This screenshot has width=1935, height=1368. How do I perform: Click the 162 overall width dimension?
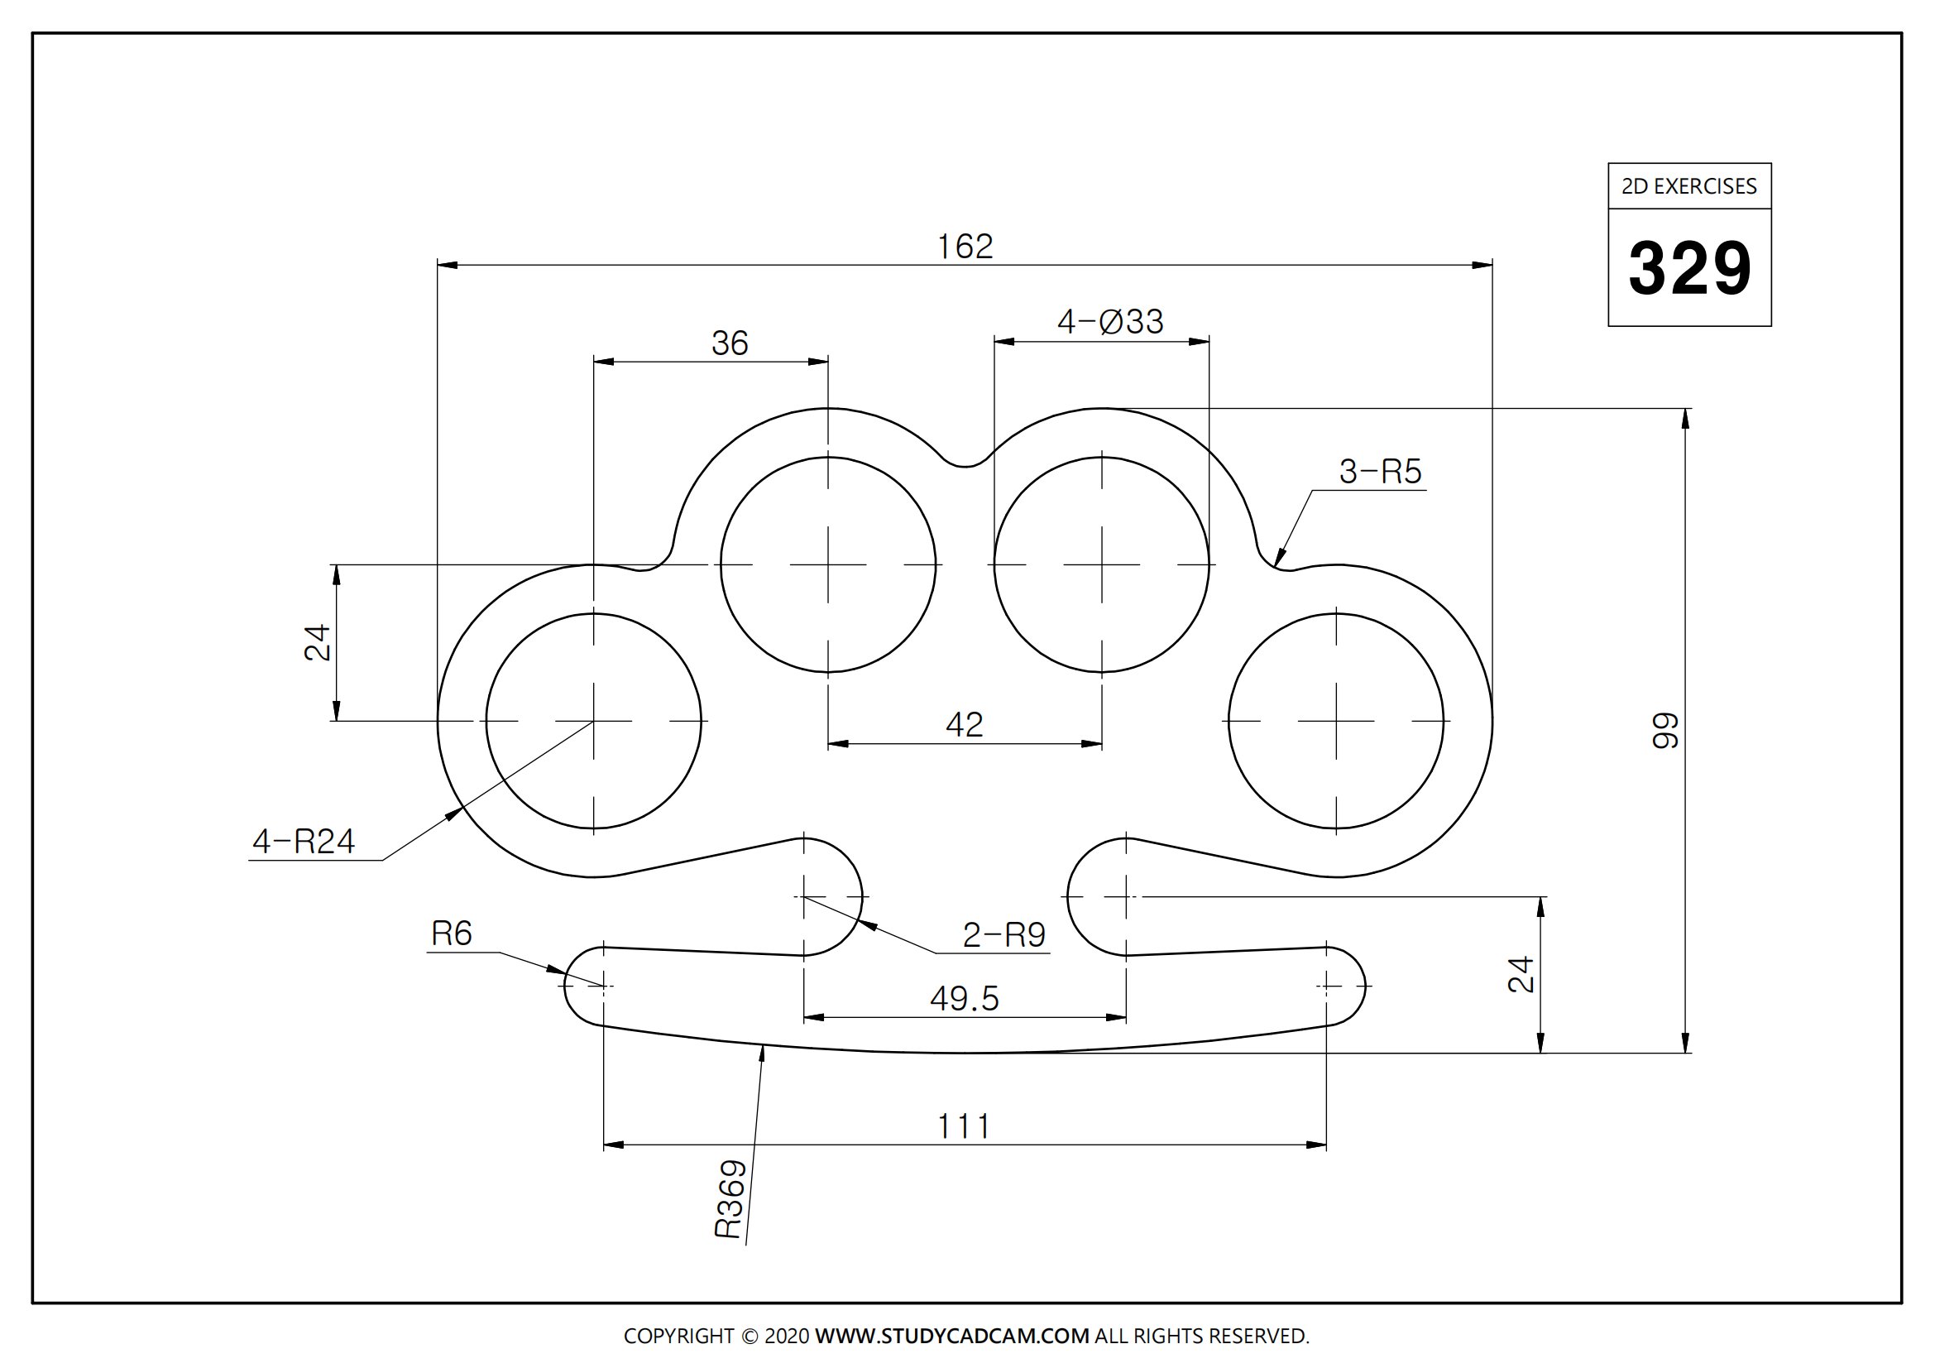point(965,247)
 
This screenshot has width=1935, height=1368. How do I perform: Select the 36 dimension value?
point(729,343)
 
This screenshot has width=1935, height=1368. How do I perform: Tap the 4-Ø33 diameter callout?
point(1110,322)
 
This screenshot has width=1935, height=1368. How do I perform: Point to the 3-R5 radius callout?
point(1380,471)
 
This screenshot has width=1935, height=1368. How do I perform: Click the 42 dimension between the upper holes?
point(964,725)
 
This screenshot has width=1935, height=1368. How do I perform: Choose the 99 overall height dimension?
point(1665,731)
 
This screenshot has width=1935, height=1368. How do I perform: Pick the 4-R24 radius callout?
point(304,841)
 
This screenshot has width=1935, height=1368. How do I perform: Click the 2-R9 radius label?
point(1003,934)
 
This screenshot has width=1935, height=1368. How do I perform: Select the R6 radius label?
point(451,934)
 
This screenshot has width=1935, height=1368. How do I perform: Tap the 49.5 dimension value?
point(964,1000)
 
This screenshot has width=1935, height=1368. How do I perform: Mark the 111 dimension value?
point(963,1127)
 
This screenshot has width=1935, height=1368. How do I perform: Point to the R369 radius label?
point(730,1198)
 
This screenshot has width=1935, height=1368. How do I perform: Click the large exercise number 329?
point(1689,268)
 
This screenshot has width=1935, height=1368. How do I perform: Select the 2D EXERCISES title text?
point(1689,186)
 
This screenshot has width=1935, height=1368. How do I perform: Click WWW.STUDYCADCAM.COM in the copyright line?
point(951,1336)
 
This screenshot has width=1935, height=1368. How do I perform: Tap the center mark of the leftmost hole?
point(594,722)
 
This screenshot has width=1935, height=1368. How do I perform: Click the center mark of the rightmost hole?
point(1336,722)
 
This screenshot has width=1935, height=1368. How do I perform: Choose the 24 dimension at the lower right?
point(1521,974)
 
